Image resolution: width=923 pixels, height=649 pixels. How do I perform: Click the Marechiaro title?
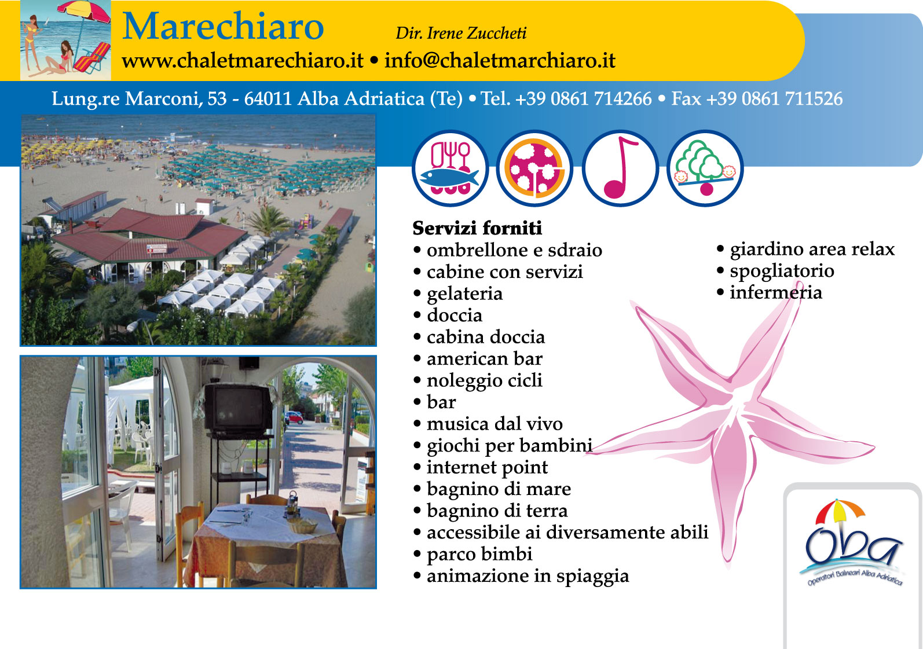(x=223, y=26)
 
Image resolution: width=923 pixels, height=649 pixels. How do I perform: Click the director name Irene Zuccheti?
(x=477, y=34)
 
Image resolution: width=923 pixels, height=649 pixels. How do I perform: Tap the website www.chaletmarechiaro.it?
(x=243, y=61)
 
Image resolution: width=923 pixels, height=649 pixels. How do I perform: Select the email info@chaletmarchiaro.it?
(x=500, y=61)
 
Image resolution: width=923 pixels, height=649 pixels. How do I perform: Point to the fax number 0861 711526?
(x=792, y=99)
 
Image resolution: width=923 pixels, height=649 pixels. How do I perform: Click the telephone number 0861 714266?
(x=601, y=99)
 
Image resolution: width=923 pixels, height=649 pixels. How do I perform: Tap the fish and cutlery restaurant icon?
(x=450, y=168)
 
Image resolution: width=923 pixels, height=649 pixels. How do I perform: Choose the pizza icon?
(x=535, y=168)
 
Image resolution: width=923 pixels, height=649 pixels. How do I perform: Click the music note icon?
(x=620, y=168)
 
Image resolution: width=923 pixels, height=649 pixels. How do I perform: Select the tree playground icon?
(x=705, y=168)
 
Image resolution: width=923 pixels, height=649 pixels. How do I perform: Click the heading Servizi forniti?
(x=477, y=228)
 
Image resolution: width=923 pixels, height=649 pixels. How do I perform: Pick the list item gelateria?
(x=464, y=294)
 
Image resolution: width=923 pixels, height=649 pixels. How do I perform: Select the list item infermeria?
(x=776, y=292)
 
